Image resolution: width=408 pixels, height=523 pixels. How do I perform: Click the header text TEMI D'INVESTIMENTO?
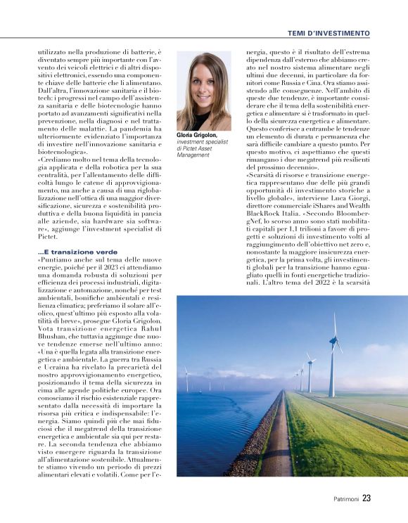(328, 33)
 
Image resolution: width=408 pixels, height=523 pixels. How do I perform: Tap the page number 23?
(366, 498)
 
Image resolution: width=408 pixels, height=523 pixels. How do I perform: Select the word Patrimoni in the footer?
(346, 499)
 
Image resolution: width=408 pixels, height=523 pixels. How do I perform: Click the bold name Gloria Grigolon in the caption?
(197, 134)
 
